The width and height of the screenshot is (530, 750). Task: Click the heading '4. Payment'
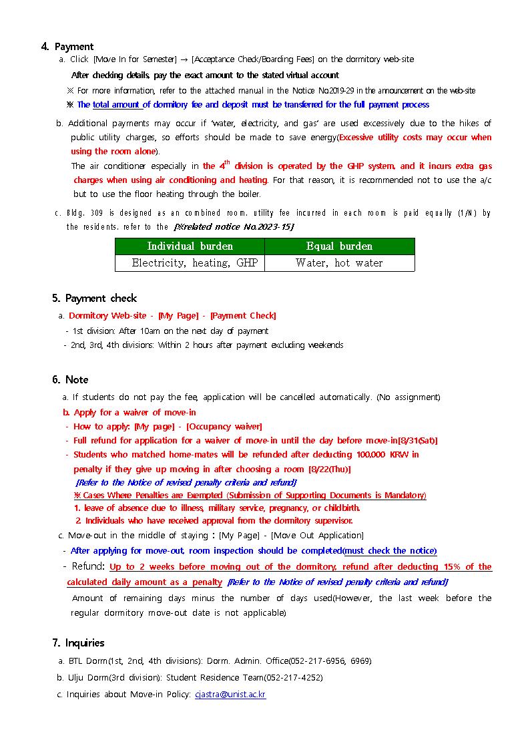click(67, 47)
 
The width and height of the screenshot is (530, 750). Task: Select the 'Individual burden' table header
click(190, 246)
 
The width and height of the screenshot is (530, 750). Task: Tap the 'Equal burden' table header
click(339, 246)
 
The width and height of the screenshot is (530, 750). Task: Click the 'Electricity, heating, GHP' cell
click(190, 263)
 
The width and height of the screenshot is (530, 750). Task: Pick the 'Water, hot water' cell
click(339, 263)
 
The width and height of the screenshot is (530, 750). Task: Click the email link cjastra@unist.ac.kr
click(230, 695)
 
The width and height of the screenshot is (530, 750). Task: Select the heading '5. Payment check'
click(94, 298)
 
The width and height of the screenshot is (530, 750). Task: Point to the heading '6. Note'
click(70, 379)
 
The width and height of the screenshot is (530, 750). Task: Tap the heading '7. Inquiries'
click(78, 642)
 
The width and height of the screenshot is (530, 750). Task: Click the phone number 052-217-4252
click(298, 677)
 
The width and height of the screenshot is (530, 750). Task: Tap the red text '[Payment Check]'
click(243, 315)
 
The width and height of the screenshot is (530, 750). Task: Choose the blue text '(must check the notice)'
click(390, 551)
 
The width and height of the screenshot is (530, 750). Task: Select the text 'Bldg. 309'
click(84, 213)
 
